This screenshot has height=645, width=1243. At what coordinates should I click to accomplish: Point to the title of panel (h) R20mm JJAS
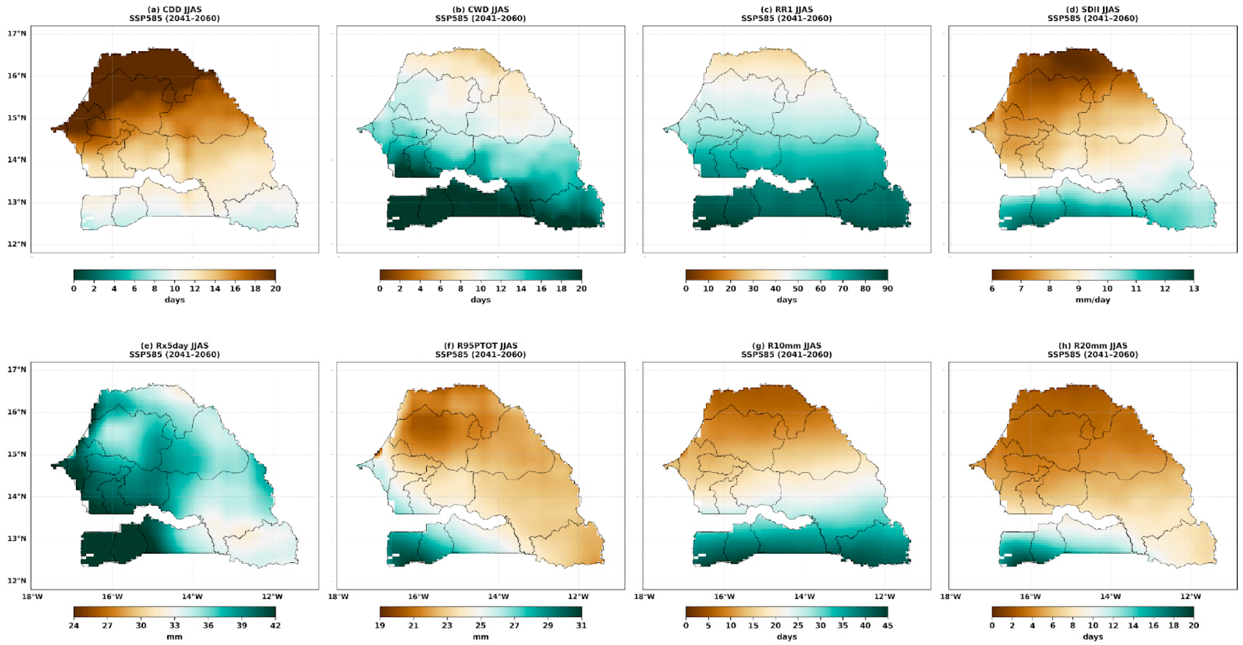tap(1093, 346)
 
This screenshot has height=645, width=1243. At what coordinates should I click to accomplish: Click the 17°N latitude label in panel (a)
tap(16, 33)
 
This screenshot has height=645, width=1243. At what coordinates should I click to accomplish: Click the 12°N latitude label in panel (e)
tap(16, 581)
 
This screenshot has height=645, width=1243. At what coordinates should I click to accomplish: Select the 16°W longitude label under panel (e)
tap(112, 597)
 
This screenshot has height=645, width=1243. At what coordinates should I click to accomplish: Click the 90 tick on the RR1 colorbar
tap(887, 289)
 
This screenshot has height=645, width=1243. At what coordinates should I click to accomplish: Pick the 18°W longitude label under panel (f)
tap(338, 597)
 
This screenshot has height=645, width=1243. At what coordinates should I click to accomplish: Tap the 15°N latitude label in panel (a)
tap(16, 118)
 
